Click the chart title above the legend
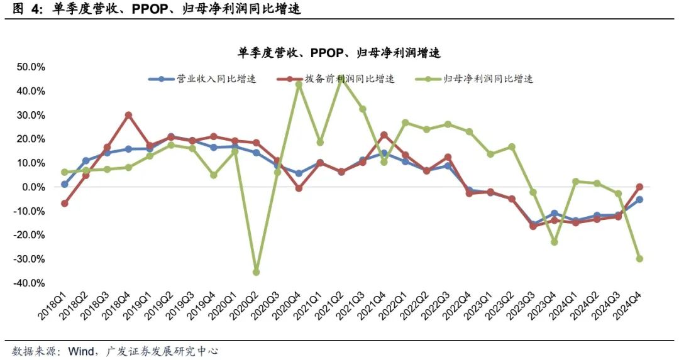point(339,53)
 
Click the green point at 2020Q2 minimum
point(256,272)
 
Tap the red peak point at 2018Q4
point(128,115)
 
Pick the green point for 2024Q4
point(639,259)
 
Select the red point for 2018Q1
point(64,204)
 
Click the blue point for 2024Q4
point(639,199)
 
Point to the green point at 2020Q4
point(299,84)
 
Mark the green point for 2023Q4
point(555,242)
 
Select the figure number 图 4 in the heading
point(26,9)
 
